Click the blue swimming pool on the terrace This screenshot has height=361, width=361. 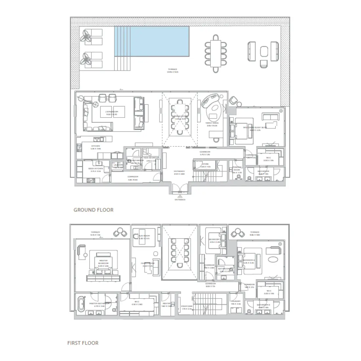(152, 41)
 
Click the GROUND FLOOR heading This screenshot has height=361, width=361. (94, 210)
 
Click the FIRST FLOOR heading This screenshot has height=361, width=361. (83, 343)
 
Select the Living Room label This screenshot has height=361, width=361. (112, 112)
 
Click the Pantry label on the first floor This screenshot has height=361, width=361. (166, 304)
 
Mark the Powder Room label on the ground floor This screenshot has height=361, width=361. (237, 169)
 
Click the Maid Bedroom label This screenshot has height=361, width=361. (151, 158)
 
